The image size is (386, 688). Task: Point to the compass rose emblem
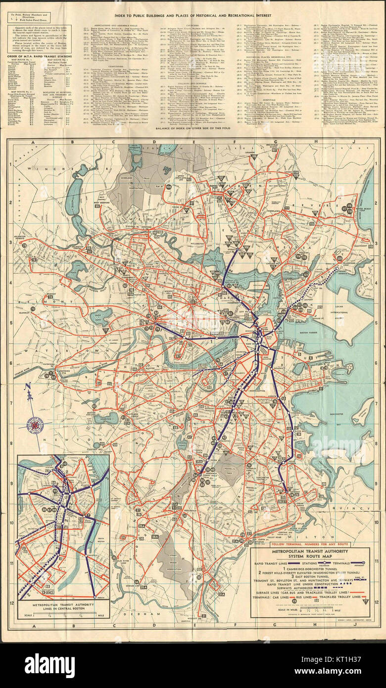(x=36, y=424)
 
